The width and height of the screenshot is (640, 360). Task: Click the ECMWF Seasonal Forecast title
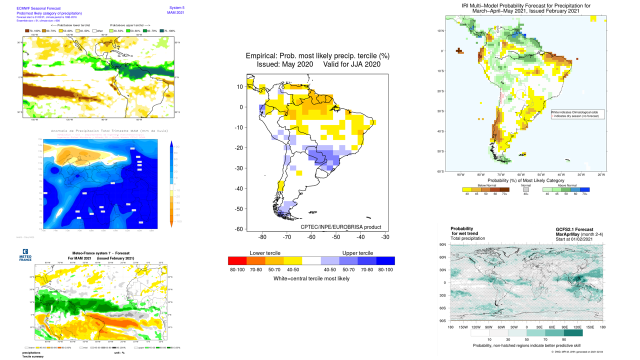(38, 8)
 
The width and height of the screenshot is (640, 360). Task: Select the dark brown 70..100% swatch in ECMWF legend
(28, 31)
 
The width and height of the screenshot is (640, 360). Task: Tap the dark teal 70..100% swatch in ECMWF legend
(161, 31)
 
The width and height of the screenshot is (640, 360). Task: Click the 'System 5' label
(176, 8)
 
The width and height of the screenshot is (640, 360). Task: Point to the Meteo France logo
(25, 255)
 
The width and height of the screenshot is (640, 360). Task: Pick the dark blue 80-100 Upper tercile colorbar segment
(385, 260)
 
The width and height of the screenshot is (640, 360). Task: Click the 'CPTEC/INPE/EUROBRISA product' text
(340, 227)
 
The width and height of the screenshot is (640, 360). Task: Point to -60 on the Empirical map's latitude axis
(239, 229)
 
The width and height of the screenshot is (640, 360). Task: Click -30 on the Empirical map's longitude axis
(385, 237)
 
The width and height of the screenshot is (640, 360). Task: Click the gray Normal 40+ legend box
(526, 190)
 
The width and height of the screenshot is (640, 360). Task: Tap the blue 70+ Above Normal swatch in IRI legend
(585, 190)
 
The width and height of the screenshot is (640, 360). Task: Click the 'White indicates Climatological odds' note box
(577, 114)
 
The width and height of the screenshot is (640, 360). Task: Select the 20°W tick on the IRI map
(601, 175)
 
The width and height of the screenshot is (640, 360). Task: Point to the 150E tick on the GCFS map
(590, 327)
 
